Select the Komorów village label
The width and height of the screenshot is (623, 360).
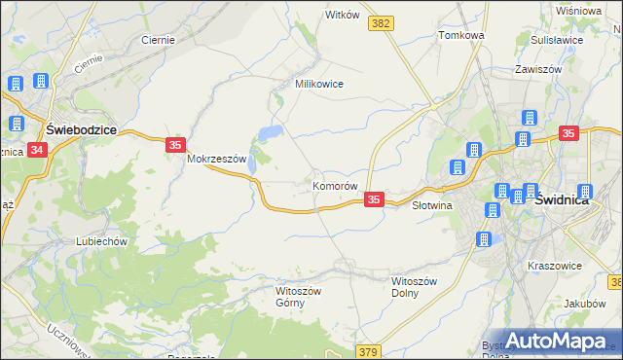click(x=336, y=185)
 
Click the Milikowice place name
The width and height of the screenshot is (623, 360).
click(x=319, y=84)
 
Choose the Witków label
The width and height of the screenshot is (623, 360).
click(x=343, y=16)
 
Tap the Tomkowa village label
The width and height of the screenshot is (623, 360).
click(x=461, y=35)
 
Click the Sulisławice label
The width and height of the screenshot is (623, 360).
click(x=557, y=42)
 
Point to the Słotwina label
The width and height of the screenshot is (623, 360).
click(x=434, y=206)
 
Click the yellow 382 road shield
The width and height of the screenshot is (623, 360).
click(x=382, y=21)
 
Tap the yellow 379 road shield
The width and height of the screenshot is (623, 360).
click(x=368, y=351)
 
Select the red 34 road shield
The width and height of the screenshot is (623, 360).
click(x=37, y=150)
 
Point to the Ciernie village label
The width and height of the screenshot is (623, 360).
click(x=158, y=40)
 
